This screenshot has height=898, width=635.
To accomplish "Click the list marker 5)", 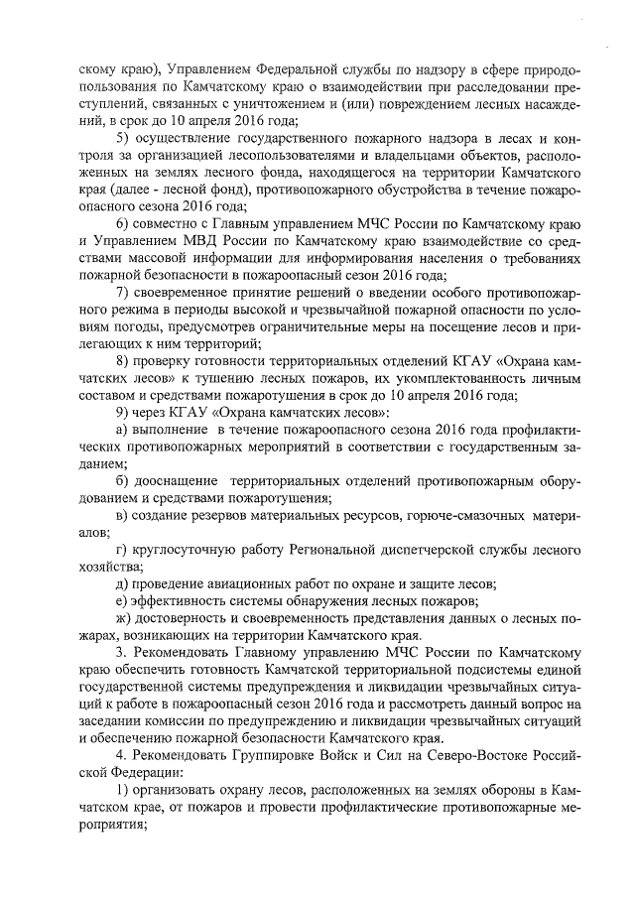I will coord(123,136).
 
